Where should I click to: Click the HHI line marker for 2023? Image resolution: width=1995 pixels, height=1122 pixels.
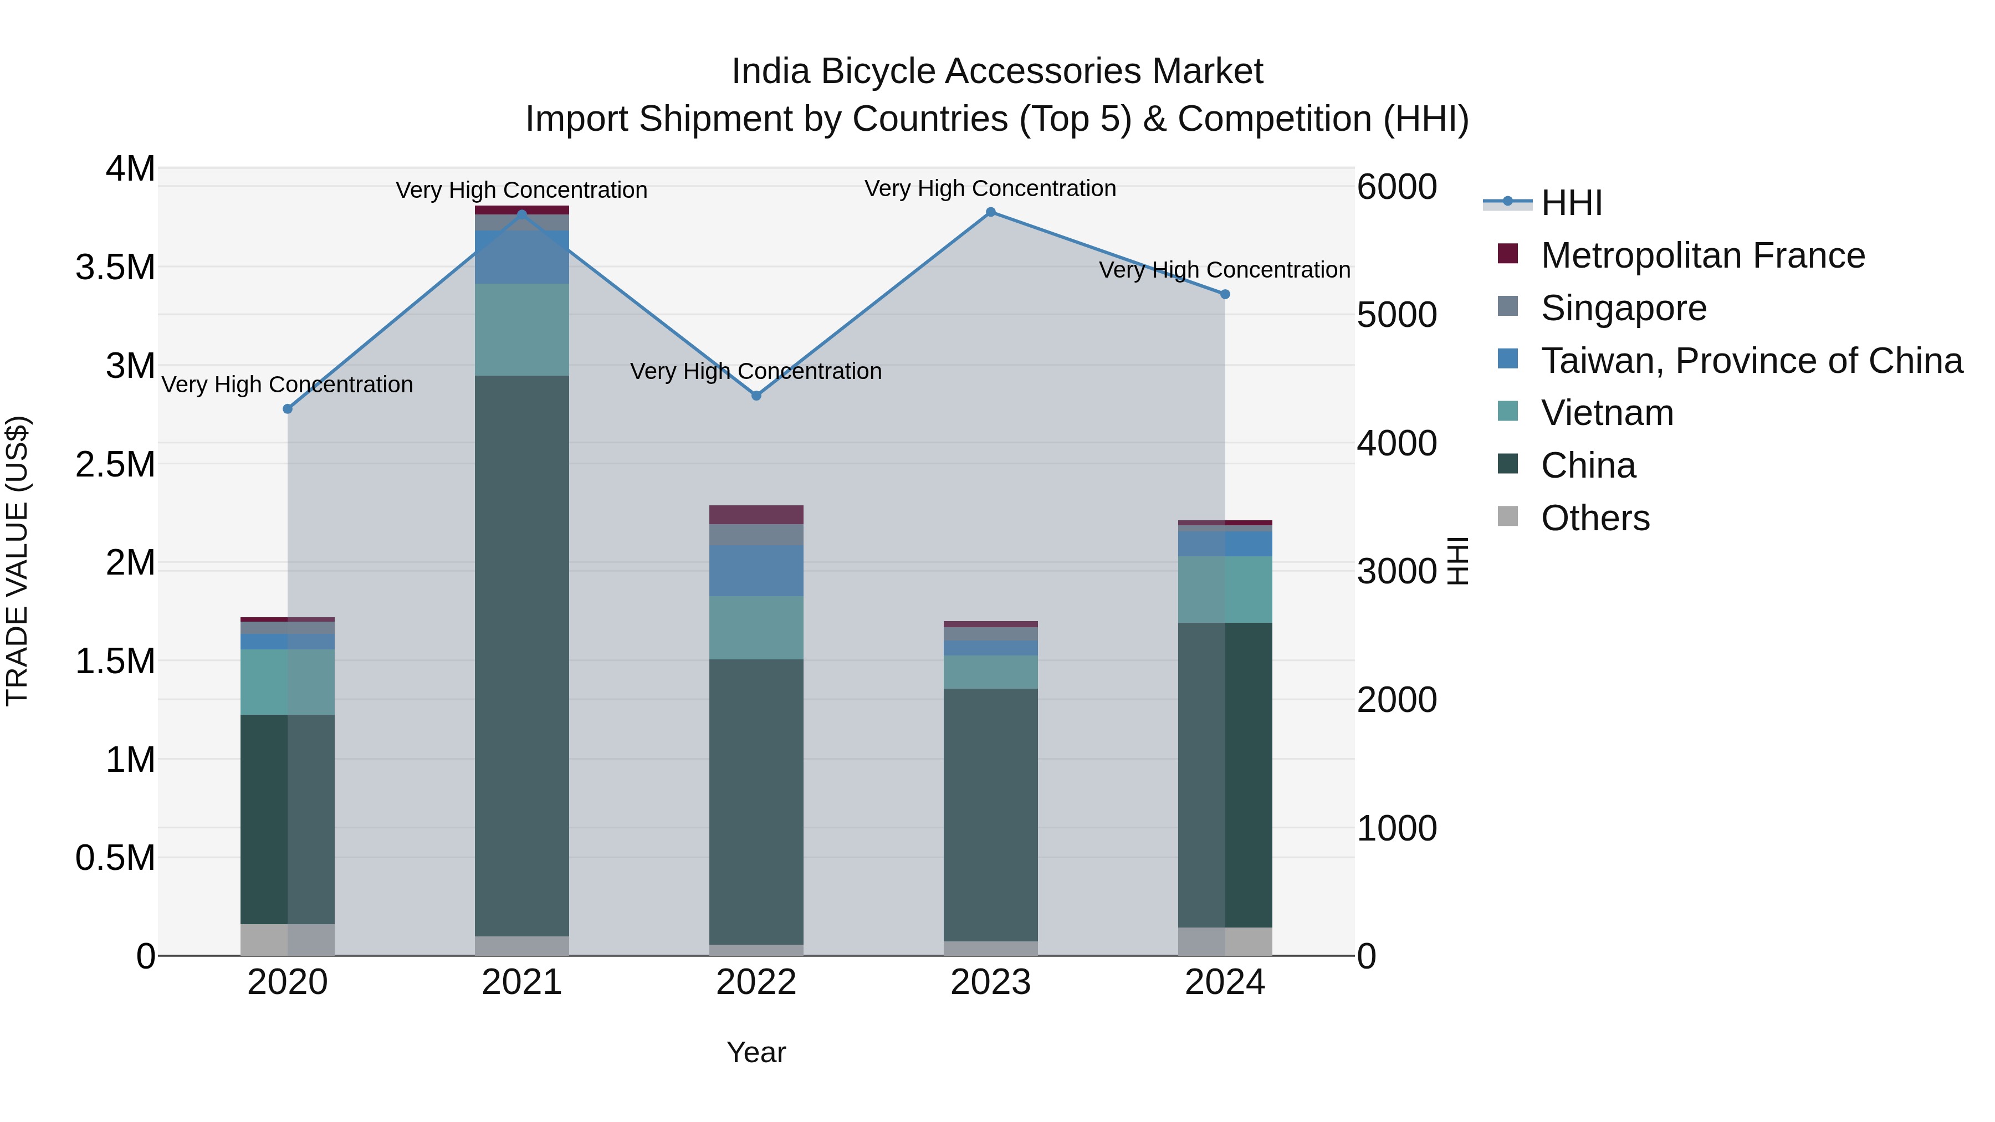pos(990,212)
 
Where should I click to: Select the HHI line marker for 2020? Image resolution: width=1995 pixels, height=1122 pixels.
pos(287,409)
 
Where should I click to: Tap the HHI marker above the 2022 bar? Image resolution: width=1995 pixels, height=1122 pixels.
pos(756,396)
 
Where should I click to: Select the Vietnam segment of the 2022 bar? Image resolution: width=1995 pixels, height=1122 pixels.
pos(756,628)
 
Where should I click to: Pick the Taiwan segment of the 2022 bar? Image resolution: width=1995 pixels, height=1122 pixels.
pos(756,571)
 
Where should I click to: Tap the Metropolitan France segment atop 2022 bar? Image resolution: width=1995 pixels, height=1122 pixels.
pos(756,515)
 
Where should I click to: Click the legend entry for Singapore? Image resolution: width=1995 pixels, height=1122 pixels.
pos(1623,308)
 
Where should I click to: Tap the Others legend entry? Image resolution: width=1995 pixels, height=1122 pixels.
pos(1594,518)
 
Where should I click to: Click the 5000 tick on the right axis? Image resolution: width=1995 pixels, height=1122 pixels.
pos(1397,315)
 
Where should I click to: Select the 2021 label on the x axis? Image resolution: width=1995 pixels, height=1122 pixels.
pos(521,982)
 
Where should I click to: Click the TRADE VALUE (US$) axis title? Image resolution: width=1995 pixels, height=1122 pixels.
pos(17,561)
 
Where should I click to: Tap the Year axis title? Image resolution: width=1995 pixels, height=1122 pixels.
pos(756,1052)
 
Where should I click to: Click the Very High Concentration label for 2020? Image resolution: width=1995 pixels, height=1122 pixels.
pos(287,385)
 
